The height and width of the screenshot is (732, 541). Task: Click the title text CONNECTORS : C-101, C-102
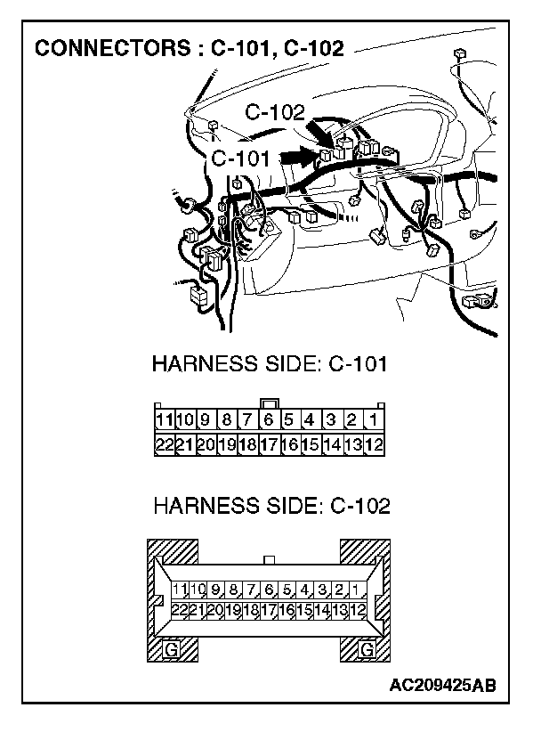[x=188, y=47]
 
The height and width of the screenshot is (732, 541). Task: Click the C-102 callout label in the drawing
[x=275, y=112]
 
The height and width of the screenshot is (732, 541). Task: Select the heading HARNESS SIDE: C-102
[x=270, y=507]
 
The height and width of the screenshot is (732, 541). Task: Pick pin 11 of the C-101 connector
[x=164, y=419]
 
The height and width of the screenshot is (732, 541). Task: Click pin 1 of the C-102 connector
[x=355, y=589]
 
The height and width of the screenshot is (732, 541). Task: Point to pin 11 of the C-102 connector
[x=179, y=589]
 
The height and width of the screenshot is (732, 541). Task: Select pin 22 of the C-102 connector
[x=179, y=610]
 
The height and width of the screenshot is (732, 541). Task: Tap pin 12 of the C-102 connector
[x=357, y=610]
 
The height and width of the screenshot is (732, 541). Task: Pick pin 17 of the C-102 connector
[x=268, y=610]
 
